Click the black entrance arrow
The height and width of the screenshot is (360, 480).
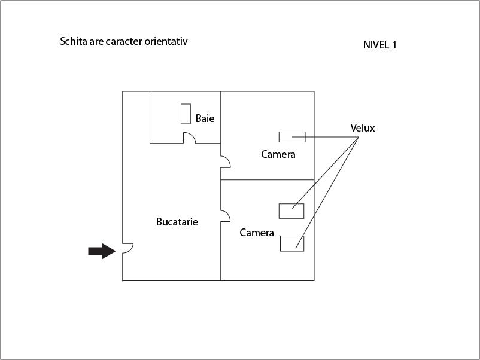102,251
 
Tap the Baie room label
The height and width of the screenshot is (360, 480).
205,118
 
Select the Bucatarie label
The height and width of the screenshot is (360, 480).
177,222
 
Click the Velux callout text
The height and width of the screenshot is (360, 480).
363,128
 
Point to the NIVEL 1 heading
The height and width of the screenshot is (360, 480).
379,45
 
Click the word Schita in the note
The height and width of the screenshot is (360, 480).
74,41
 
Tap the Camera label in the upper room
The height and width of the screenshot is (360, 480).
278,154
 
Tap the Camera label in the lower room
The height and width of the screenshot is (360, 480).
257,233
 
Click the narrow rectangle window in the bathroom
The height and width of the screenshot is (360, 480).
186,114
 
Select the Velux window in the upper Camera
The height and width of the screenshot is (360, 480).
292,137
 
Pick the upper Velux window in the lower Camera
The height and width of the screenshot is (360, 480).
291,211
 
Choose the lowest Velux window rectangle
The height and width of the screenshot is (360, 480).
292,243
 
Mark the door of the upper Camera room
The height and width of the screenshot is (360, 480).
228,159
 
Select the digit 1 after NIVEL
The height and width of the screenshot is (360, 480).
394,45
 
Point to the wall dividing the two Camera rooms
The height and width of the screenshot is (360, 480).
268,179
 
